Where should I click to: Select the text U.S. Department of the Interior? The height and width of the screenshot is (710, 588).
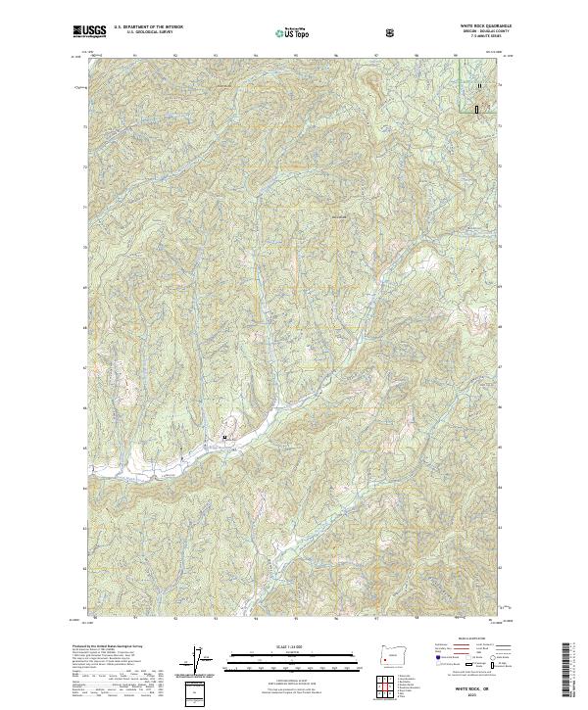(146, 27)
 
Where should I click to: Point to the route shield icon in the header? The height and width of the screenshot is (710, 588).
(392, 31)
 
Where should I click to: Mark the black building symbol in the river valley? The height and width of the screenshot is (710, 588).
(225, 438)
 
